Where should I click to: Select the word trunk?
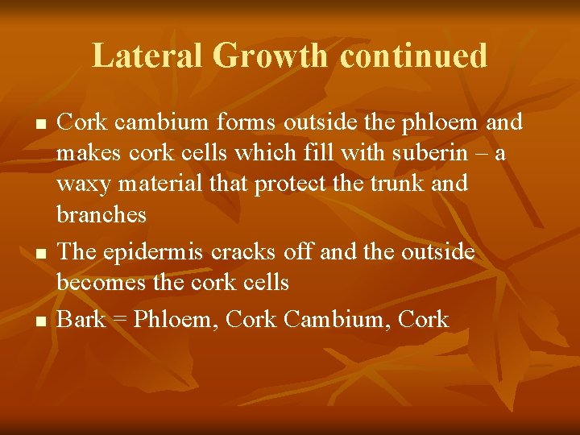[x=391, y=184]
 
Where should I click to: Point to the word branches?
[x=101, y=214]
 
